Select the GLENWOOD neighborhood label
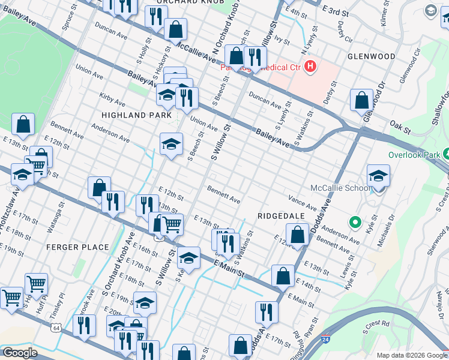click(371, 56)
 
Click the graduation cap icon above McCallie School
click(378, 175)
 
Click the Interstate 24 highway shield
click(325, 340)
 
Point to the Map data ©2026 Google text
click(411, 355)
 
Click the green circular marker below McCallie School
click(355, 223)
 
